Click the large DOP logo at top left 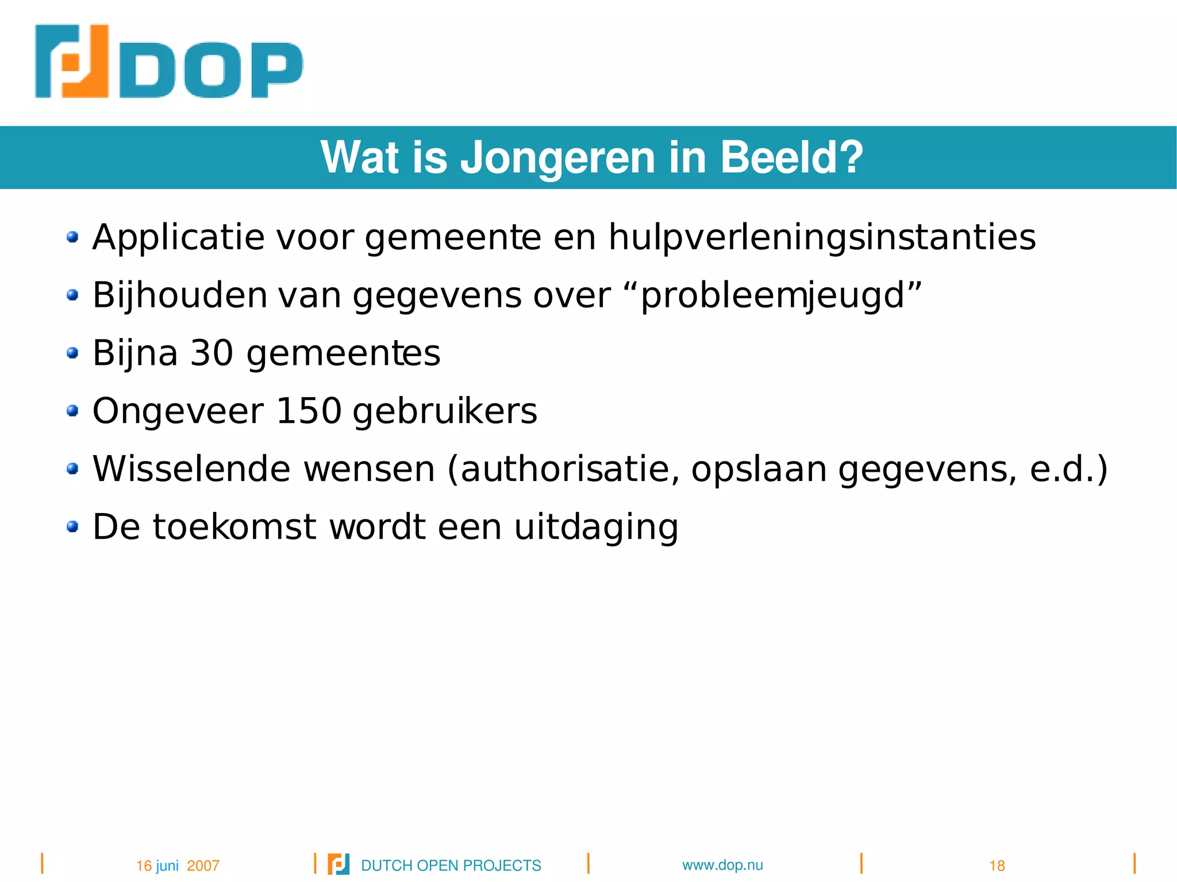(x=168, y=62)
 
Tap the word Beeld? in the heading (x=791, y=157)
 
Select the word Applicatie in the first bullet (x=178, y=237)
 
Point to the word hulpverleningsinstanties (x=822, y=237)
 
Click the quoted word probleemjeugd (x=773, y=296)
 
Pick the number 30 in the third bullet (x=211, y=353)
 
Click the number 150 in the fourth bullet (x=309, y=411)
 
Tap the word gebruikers (x=445, y=411)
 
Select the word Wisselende (x=191, y=469)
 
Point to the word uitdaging (x=596, y=527)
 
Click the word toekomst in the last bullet (x=234, y=527)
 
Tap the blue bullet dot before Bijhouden (x=72, y=295)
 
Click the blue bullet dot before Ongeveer (x=72, y=411)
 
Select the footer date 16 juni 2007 (x=178, y=866)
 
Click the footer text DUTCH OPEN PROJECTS (x=451, y=866)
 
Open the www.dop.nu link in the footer (x=722, y=865)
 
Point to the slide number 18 (x=997, y=866)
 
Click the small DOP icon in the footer (x=339, y=864)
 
